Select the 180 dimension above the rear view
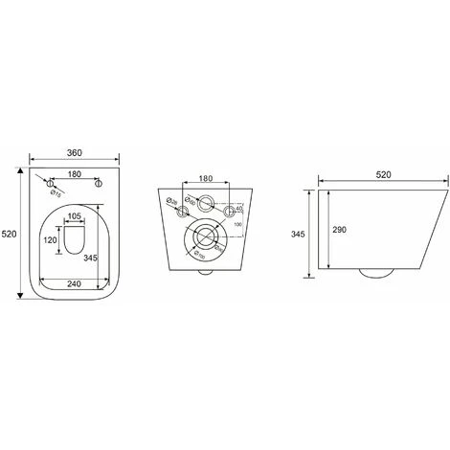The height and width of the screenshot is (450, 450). [206, 177]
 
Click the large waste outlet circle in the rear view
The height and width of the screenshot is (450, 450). [206, 236]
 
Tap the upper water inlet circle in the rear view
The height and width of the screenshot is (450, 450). [206, 201]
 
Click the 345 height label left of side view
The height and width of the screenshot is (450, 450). [298, 231]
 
